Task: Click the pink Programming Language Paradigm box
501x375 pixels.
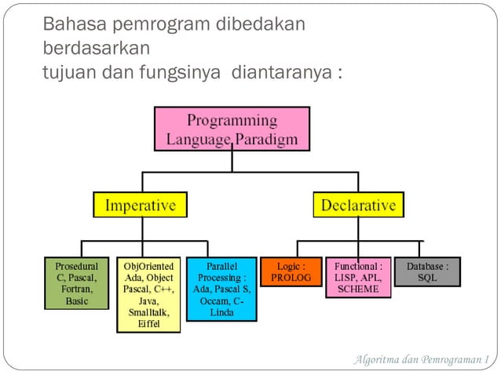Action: [x=232, y=129]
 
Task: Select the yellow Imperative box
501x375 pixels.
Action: [x=141, y=206]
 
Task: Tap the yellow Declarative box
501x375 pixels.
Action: [x=358, y=206]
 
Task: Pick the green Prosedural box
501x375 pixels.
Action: [x=77, y=283]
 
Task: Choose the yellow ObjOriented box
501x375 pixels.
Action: [x=149, y=294]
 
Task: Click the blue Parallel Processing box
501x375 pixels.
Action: [x=222, y=289]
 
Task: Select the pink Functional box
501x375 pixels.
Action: [x=358, y=278]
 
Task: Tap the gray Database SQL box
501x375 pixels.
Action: [x=427, y=272]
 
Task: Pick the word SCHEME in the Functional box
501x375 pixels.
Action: [x=358, y=289]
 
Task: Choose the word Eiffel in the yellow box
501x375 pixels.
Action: [x=148, y=323]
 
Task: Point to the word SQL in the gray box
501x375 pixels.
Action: [x=427, y=279]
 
